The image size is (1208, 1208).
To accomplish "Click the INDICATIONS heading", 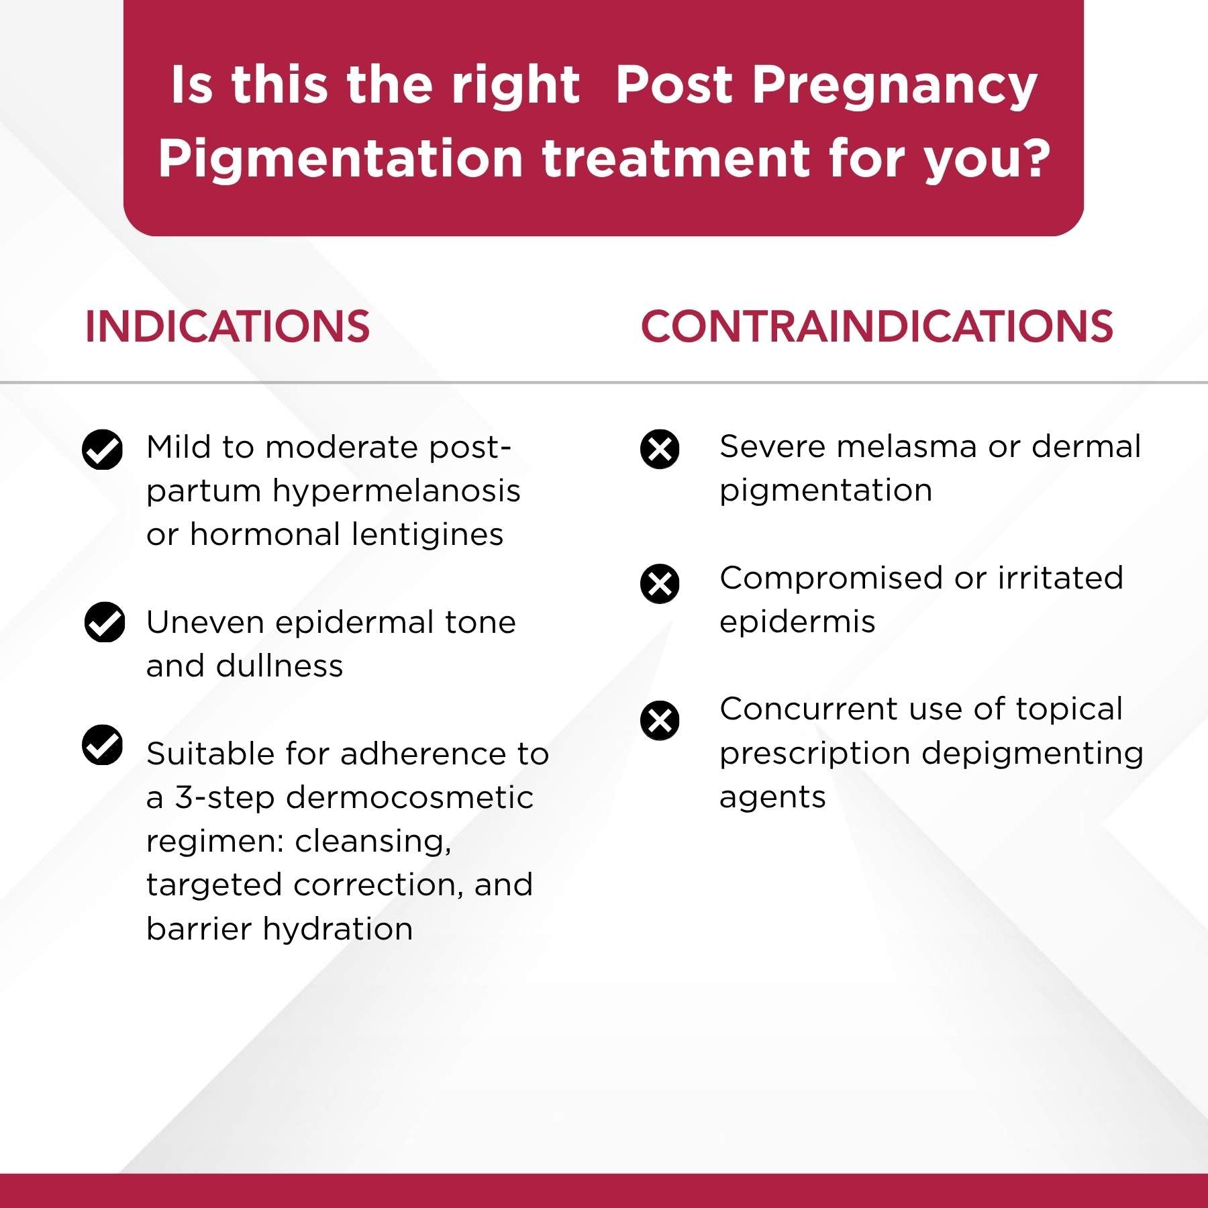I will coord(227,327).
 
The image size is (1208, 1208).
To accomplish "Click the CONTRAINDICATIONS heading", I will coord(876,327).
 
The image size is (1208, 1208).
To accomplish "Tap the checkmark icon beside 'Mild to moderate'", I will coord(102,449).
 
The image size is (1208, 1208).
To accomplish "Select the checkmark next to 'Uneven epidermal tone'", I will coord(105,622).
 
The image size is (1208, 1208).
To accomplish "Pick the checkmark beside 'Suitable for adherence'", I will coord(102,745).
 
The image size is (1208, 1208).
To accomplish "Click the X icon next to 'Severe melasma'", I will coord(660,449).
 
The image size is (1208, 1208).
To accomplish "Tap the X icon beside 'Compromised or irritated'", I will coord(660,583).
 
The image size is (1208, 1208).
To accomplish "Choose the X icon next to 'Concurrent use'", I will coord(660,721).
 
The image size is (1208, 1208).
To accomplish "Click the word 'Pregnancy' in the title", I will coord(894,87).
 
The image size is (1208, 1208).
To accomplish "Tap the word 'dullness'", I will coord(279,666).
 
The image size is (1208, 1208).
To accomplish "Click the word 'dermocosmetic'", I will coord(409,798).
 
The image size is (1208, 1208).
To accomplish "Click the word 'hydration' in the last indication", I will coord(338,929).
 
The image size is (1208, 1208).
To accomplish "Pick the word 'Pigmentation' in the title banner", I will coord(340,160).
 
